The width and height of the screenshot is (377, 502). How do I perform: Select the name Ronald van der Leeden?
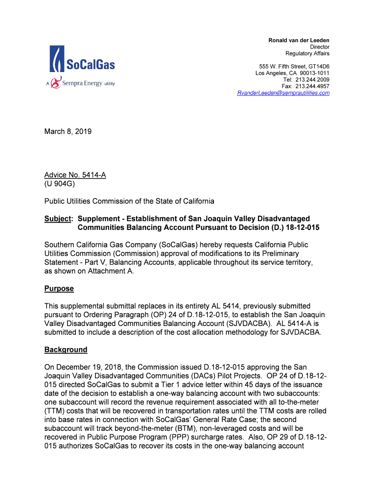click(299, 40)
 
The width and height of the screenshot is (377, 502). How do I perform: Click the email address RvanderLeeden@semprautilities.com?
click(283, 93)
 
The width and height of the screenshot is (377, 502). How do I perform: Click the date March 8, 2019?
click(68, 132)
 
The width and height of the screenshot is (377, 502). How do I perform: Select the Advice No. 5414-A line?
click(75, 175)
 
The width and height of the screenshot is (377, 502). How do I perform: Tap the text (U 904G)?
click(60, 184)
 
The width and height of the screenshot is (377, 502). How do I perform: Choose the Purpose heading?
click(59, 289)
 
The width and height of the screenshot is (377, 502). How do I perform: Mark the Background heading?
click(66, 350)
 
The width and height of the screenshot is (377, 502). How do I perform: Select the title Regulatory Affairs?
click(307, 53)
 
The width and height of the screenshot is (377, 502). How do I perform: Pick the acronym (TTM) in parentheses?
click(55, 411)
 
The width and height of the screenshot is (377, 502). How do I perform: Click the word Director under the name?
click(320, 47)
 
